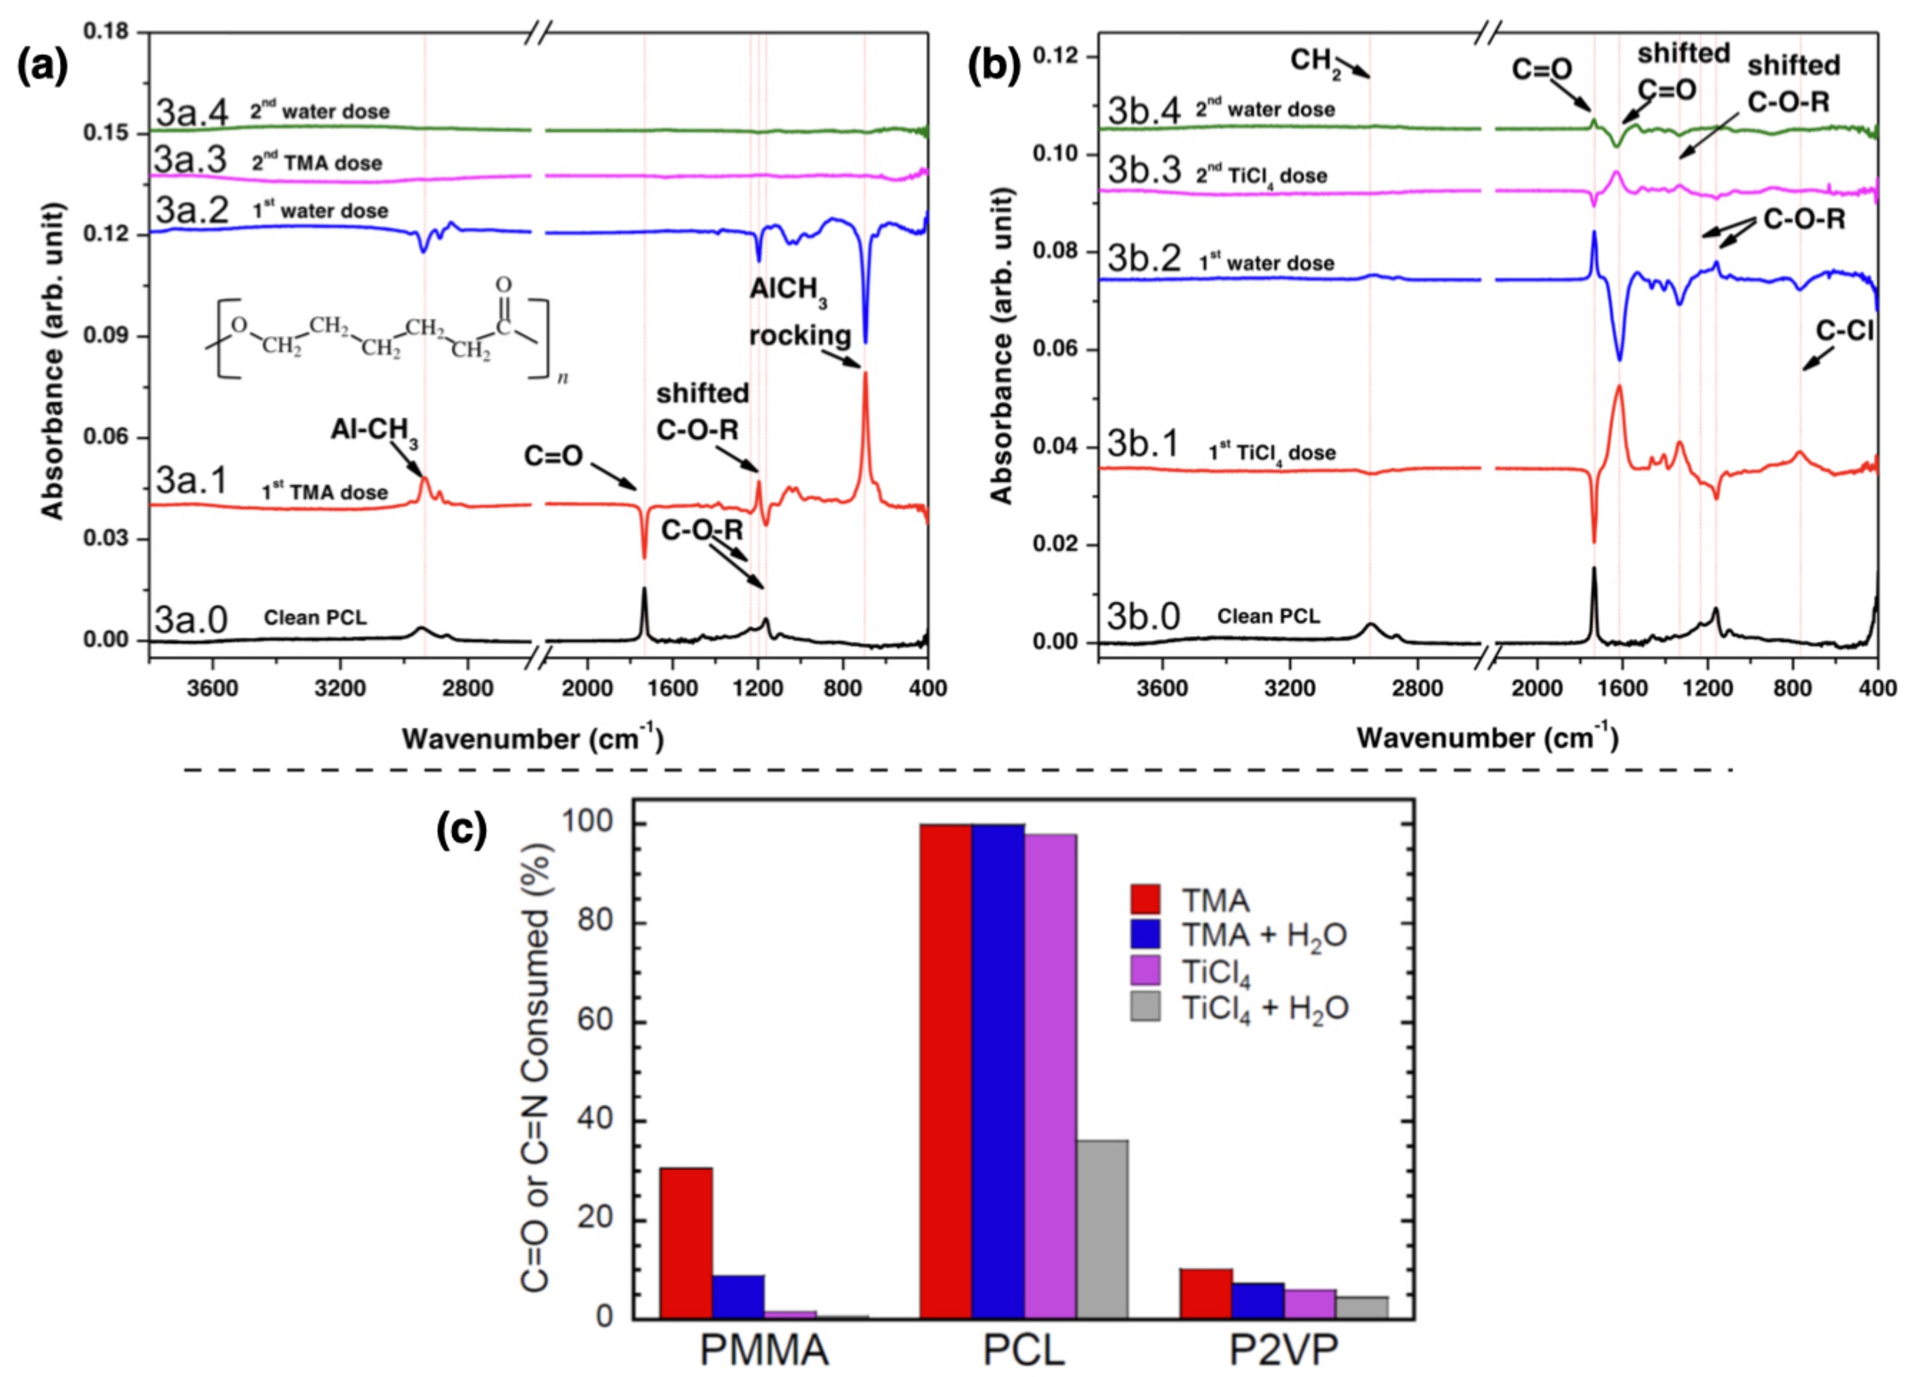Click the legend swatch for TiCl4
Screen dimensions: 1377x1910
click(x=1145, y=970)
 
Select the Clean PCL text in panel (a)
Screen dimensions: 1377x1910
click(x=315, y=617)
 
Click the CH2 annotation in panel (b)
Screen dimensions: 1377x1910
click(x=1315, y=61)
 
